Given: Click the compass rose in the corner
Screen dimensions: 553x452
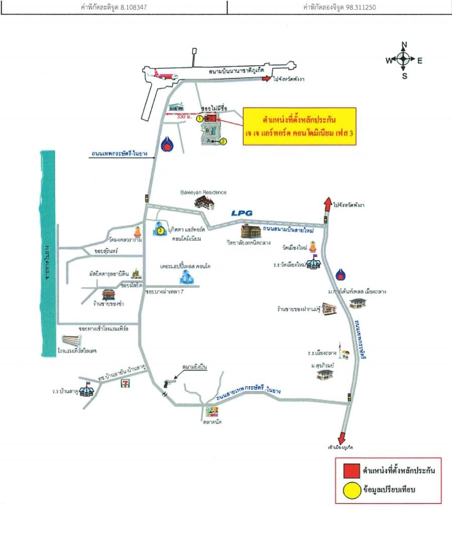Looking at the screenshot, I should [404, 60].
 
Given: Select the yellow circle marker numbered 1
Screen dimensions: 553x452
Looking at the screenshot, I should [199, 119].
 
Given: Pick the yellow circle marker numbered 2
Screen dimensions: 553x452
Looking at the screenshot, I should [224, 142].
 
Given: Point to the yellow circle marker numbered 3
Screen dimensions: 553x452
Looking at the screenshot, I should [160, 231].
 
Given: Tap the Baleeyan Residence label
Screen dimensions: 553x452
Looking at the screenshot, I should [203, 192].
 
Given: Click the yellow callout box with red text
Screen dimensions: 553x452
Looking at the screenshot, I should [299, 127].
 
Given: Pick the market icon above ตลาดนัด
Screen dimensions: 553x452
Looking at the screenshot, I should [210, 412].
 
